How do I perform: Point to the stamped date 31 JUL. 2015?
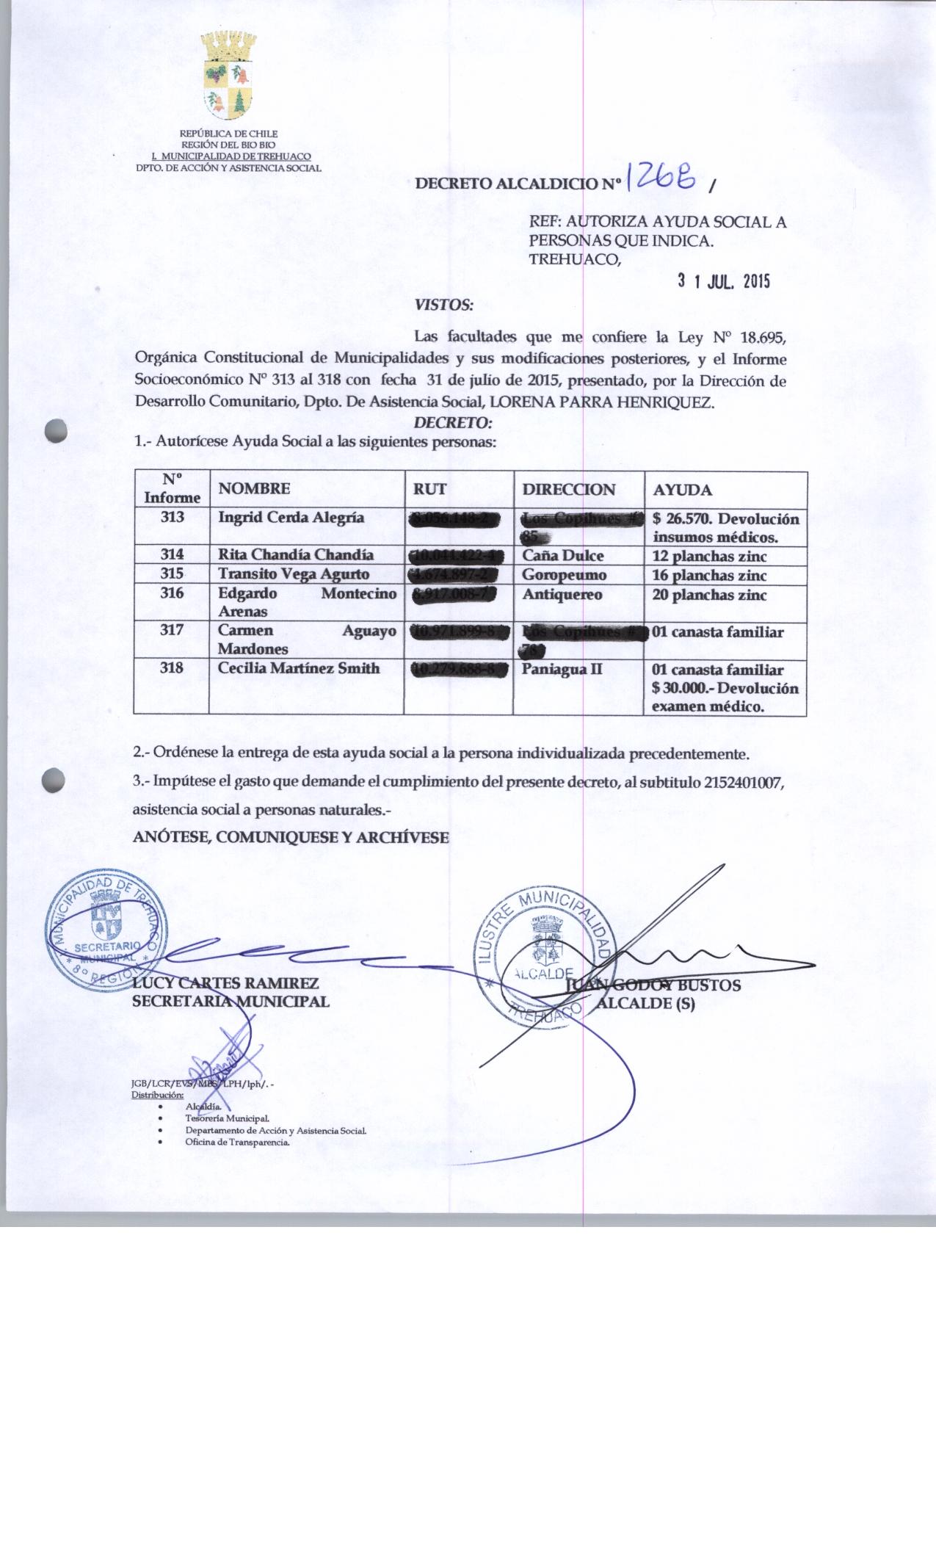click(723, 281)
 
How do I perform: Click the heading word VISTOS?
click(443, 303)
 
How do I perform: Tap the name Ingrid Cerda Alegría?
click(291, 518)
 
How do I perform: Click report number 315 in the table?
click(172, 574)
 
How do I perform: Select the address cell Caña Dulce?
click(562, 556)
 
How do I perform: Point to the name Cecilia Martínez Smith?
click(299, 668)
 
